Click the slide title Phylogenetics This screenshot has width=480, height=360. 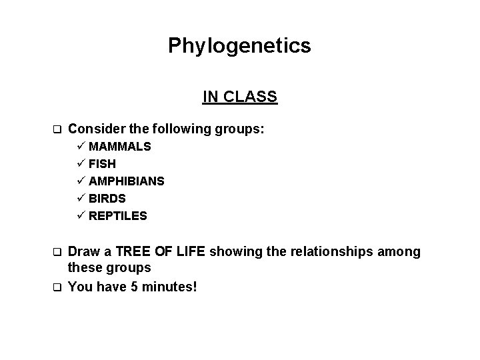(x=239, y=45)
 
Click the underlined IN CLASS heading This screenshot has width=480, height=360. (x=240, y=97)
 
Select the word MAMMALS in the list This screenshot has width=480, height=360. (x=120, y=146)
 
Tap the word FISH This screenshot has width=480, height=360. (x=103, y=163)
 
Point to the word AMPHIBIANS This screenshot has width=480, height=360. (x=127, y=181)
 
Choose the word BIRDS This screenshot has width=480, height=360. (x=107, y=198)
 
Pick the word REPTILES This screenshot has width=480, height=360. (x=118, y=215)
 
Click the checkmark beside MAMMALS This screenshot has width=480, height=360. (x=81, y=146)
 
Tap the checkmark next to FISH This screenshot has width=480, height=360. (x=81, y=163)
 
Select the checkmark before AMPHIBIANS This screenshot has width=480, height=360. (x=81, y=181)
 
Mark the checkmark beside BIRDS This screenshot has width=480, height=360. (x=81, y=198)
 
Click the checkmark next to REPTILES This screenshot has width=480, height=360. (x=81, y=215)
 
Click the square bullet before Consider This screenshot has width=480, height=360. (x=57, y=129)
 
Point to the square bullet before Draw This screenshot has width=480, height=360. (x=57, y=252)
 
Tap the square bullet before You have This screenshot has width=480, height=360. (x=57, y=287)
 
